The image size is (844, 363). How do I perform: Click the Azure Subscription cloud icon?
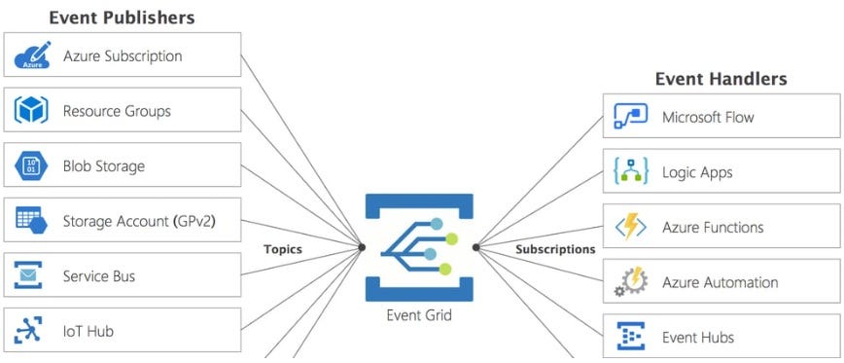coord(31,55)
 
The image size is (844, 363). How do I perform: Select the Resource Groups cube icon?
coord(31,111)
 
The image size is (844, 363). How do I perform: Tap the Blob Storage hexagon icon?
coord(31,166)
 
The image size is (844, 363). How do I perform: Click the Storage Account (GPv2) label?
coord(139,221)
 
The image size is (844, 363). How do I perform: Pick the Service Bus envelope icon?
coord(31,276)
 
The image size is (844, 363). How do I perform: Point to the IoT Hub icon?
coord(31,332)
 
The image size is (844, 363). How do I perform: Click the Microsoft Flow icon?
coord(631,118)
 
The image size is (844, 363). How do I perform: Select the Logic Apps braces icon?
coord(631,172)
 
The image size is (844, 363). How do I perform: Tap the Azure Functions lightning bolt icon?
coord(631,228)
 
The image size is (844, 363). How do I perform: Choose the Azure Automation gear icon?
coord(631,283)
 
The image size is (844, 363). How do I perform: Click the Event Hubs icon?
coord(631,338)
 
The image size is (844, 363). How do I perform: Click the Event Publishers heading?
coord(122,18)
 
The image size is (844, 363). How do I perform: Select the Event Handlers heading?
coord(721,79)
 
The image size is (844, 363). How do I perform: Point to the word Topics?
coord(283,249)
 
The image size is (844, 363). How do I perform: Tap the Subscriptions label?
coord(555,249)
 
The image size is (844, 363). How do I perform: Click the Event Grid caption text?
coord(419,315)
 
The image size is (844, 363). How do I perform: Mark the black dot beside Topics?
coord(362,247)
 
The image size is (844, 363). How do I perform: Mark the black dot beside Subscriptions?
coord(476,247)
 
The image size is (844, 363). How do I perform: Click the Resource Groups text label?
coord(117,111)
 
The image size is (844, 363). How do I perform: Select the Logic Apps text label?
coord(697,172)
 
